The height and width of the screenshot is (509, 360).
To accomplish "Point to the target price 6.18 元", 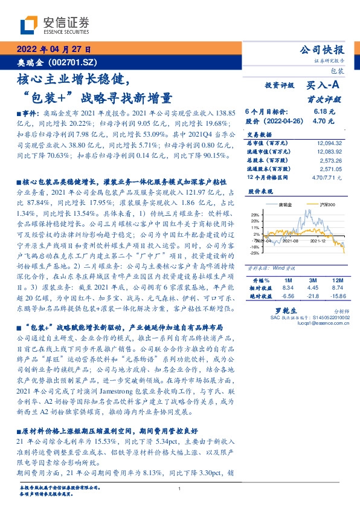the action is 320,112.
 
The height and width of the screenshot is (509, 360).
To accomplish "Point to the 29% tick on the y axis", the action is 256,215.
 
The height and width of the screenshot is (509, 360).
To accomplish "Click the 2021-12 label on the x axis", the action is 318,241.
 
